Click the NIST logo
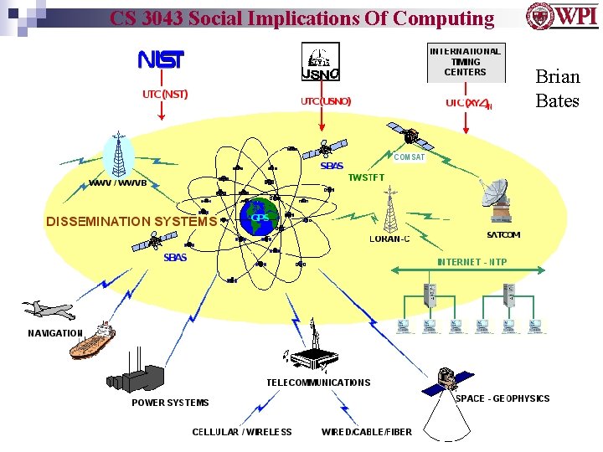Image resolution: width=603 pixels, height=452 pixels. point(161,59)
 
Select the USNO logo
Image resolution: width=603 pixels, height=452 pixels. point(320,63)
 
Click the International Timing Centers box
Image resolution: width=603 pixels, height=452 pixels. point(465,61)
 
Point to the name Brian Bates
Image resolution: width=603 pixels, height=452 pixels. point(557,89)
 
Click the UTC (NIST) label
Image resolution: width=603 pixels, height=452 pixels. point(165,94)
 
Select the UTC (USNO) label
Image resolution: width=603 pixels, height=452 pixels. point(326,101)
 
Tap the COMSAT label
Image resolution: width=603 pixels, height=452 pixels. point(409,157)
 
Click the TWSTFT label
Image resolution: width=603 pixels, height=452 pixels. point(367,178)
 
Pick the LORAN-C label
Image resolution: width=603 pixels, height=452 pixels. point(390,239)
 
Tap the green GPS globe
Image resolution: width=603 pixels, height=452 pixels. point(259,218)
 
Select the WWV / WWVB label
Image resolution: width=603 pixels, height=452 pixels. point(118,183)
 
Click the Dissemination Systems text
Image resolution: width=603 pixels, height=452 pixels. point(131,222)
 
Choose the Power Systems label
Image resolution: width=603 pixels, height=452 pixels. point(170,403)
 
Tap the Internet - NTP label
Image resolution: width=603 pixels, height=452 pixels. point(472,262)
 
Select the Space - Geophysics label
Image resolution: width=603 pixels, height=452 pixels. point(502,398)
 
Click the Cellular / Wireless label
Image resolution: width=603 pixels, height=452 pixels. point(242,432)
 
